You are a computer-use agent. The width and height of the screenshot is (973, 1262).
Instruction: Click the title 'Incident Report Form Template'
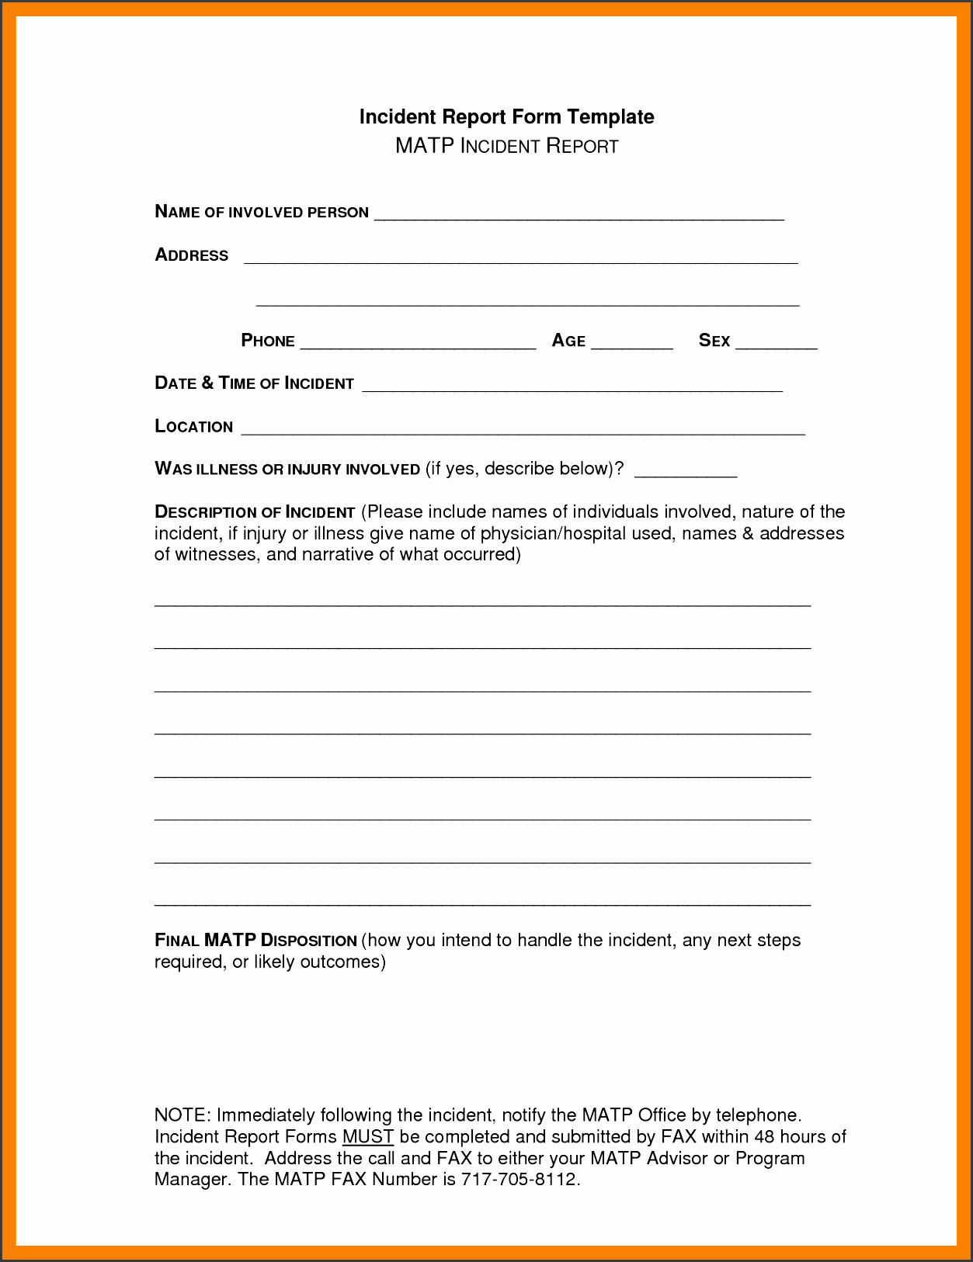[x=506, y=117]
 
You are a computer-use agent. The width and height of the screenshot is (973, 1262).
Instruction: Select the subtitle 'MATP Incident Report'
[x=506, y=146]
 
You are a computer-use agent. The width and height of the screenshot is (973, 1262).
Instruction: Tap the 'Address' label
[x=192, y=255]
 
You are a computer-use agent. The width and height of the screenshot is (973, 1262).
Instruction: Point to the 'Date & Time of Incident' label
[x=254, y=383]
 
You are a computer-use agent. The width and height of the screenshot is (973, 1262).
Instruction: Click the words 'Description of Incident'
[x=255, y=512]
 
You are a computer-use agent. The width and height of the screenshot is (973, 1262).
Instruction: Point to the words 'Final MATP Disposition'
[x=255, y=941]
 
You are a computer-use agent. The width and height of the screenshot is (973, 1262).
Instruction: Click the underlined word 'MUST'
[x=368, y=1137]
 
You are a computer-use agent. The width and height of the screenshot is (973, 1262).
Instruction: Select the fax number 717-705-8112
[x=519, y=1180]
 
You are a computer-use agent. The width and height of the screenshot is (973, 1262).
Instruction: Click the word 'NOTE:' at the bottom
[x=182, y=1115]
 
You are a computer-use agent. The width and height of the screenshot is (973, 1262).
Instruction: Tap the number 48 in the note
[x=765, y=1137]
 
